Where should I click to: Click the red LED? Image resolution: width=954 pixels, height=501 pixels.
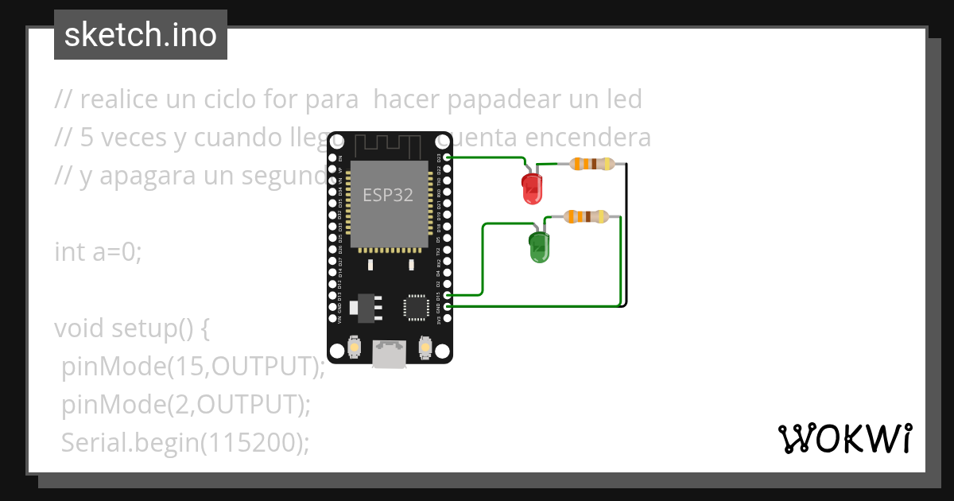tap(532, 188)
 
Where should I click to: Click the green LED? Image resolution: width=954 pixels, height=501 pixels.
tap(539, 247)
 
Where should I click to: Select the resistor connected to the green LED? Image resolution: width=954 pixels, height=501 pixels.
tap(586, 216)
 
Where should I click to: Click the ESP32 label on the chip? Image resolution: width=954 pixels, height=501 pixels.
tap(388, 195)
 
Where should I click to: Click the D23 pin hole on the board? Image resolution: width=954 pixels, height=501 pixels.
tap(448, 158)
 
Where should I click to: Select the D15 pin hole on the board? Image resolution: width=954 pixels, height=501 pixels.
tap(448, 295)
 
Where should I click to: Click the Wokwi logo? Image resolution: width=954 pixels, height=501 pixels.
tap(844, 438)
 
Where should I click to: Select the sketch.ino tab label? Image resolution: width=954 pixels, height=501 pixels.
tap(141, 35)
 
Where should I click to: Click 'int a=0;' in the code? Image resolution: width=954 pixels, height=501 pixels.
tap(98, 252)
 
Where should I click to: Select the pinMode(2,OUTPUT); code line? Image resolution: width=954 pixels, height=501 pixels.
tap(185, 405)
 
